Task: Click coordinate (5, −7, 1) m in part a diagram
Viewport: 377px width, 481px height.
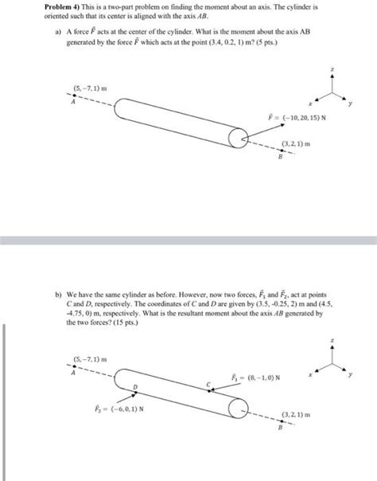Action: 84,87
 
